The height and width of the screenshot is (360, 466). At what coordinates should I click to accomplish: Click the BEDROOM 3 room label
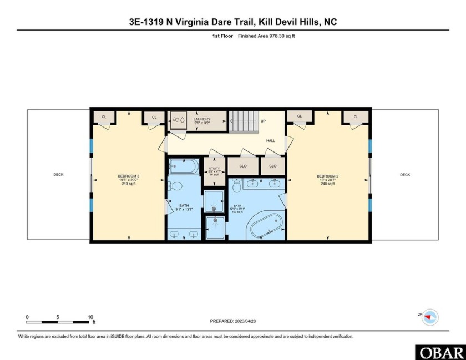[x=128, y=180]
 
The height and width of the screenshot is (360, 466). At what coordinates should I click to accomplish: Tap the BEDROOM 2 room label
[x=328, y=180]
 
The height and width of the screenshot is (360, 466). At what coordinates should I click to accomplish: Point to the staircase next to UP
[x=244, y=121]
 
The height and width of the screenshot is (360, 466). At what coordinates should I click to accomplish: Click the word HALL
[x=271, y=141]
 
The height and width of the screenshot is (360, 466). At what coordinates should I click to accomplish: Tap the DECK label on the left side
[x=58, y=175]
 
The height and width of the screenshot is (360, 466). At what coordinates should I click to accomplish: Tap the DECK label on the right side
[x=405, y=175]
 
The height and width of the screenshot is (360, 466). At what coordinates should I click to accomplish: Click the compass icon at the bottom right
[x=429, y=317]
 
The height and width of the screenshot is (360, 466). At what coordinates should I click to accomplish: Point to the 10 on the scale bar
[x=90, y=317]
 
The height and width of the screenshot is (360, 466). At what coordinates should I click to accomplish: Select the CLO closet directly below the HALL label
[x=273, y=166]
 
